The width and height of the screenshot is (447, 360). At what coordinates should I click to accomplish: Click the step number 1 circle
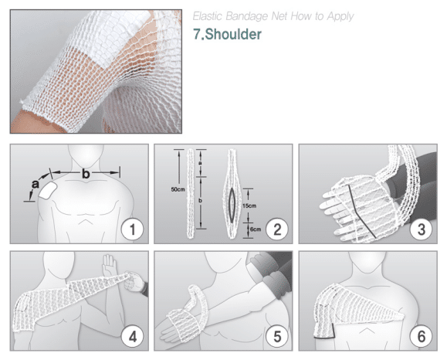pyautogui.click(x=132, y=229)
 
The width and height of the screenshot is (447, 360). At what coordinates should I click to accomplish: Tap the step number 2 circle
pyautogui.click(x=277, y=229)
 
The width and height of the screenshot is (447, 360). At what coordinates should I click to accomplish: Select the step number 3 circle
pyautogui.click(x=422, y=229)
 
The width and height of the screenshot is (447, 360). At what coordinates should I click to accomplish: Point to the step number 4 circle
pyautogui.click(x=132, y=337)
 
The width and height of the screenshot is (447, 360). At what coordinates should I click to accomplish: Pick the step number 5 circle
pyautogui.click(x=277, y=337)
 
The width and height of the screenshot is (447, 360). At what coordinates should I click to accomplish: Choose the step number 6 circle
pyautogui.click(x=422, y=337)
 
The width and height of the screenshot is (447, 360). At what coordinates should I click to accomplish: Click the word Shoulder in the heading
pyautogui.click(x=233, y=34)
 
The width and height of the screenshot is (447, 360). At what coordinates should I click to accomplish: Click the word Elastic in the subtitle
pyautogui.click(x=207, y=16)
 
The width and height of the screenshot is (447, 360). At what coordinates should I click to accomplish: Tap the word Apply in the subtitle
pyautogui.click(x=340, y=17)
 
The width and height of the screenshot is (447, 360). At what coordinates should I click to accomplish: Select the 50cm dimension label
pyautogui.click(x=178, y=189)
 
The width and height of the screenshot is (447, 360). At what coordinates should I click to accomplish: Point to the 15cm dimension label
pyautogui.click(x=249, y=205)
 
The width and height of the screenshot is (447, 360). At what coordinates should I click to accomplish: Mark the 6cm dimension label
pyautogui.click(x=256, y=229)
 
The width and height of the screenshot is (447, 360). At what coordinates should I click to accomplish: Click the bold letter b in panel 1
pyautogui.click(x=86, y=174)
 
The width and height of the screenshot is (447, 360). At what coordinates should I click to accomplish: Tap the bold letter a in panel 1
pyautogui.click(x=35, y=185)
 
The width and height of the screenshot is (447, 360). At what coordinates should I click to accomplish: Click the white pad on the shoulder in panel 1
pyautogui.click(x=49, y=190)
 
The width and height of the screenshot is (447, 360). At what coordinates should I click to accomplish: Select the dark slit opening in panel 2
pyautogui.click(x=232, y=205)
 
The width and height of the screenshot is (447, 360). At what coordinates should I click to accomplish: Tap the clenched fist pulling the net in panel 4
pyautogui.click(x=135, y=281)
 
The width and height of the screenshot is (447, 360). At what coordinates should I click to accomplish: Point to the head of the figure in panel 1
pyautogui.click(x=86, y=155)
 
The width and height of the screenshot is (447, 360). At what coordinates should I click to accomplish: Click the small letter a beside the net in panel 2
pyautogui.click(x=200, y=162)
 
